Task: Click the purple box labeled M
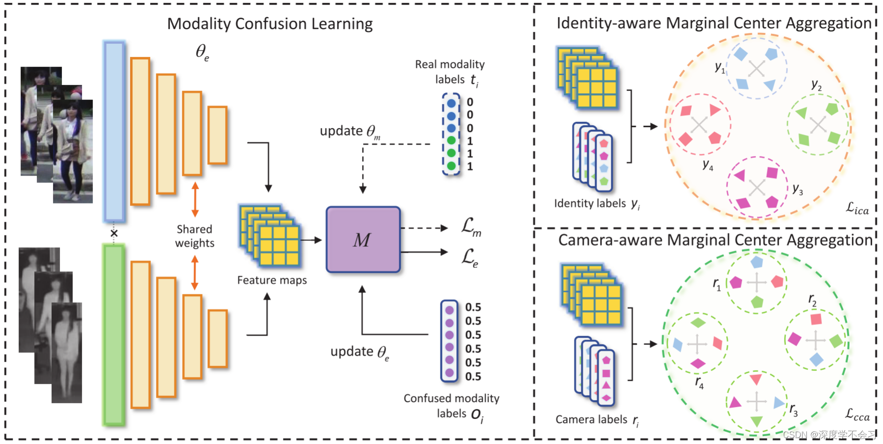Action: coord(363,239)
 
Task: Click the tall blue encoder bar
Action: coord(114,131)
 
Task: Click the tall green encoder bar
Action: coord(114,335)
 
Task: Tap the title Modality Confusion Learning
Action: coord(270,24)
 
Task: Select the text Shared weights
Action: coord(195,236)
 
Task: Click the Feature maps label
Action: coord(272,280)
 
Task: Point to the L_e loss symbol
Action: coord(469,257)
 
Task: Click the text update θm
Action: coord(350,131)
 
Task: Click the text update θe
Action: coord(360,352)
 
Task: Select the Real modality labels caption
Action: coord(449,72)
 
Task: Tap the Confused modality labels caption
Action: coord(451,406)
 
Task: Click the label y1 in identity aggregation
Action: coord(720,68)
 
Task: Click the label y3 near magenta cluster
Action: coord(798,189)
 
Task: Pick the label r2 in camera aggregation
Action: coord(812,300)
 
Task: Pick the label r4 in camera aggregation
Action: coord(699,382)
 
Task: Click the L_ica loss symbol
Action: coord(857,209)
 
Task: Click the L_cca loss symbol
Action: coord(857,415)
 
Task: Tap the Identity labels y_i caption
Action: coord(597,204)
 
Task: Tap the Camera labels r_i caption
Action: coord(597,420)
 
